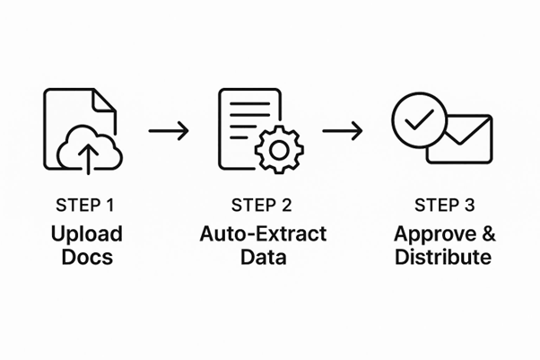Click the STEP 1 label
point(87,205)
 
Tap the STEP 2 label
point(263,205)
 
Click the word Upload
point(87,235)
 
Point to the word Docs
point(87,258)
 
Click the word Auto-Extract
point(263,235)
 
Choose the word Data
point(263,258)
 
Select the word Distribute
point(442,258)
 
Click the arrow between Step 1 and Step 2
point(169,131)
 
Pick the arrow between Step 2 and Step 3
point(342,131)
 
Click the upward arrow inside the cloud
point(88,158)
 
